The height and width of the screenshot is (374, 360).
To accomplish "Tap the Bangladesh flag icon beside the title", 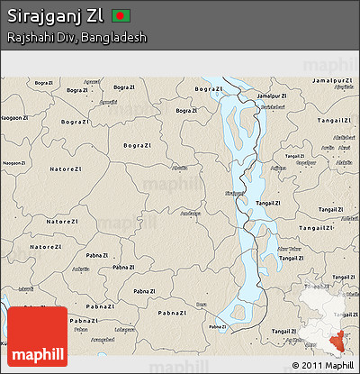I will [123, 16].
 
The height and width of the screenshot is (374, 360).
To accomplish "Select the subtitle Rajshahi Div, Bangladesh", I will [76, 38].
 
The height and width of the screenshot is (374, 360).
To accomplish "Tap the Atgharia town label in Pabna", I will [80, 269].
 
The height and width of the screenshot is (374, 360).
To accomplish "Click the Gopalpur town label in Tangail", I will [306, 162].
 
